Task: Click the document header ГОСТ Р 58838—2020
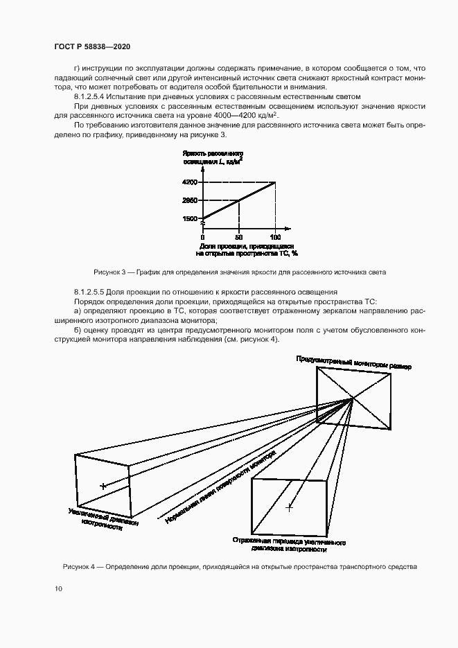tap(92, 46)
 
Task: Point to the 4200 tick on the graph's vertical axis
tap(190, 182)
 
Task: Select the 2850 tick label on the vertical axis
tap(190, 200)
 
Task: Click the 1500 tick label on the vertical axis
tap(190, 218)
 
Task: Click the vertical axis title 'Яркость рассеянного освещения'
tap(213, 156)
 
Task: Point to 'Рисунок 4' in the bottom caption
tap(79, 567)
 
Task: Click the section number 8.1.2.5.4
tap(94, 98)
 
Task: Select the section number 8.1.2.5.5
tap(94, 293)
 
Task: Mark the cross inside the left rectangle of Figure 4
tap(103, 487)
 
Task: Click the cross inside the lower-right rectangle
tap(289, 508)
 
